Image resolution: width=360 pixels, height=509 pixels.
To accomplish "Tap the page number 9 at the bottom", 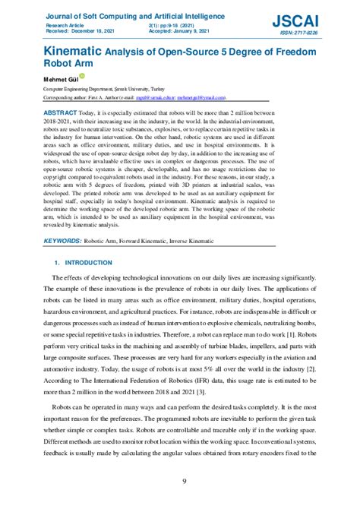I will point(184,481).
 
